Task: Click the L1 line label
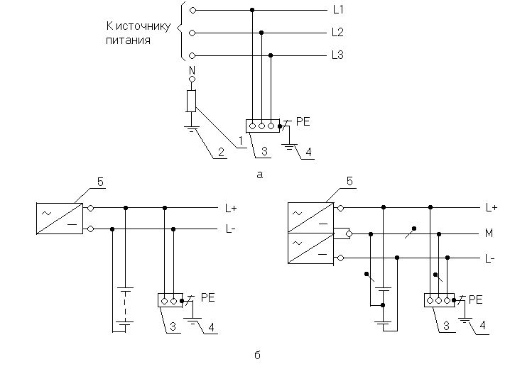(338, 11)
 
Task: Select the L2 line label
(338, 33)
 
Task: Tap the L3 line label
(338, 55)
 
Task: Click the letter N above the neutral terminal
(191, 70)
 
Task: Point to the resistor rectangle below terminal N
(191, 101)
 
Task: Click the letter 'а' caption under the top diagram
(260, 175)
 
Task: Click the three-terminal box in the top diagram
(261, 126)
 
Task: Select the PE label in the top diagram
(302, 122)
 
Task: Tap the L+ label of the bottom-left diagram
(231, 208)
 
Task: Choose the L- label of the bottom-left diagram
(231, 230)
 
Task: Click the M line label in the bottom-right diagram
(490, 233)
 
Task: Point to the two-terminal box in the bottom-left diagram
(169, 300)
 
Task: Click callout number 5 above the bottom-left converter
(101, 182)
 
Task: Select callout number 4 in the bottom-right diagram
(484, 326)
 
